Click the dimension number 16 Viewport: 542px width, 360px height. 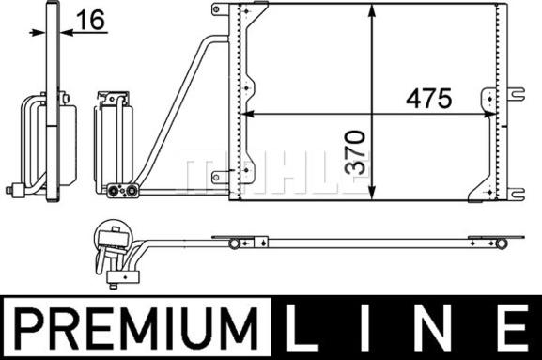[x=90, y=20]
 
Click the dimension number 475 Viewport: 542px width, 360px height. [x=428, y=98]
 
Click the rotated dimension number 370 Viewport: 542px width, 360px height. [x=355, y=152]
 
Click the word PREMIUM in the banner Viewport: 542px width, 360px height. [x=136, y=327]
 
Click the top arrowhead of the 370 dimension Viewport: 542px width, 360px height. [x=372, y=11]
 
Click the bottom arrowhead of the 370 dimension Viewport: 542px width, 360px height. [x=372, y=193]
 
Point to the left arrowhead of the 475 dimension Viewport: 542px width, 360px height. [x=247, y=114]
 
